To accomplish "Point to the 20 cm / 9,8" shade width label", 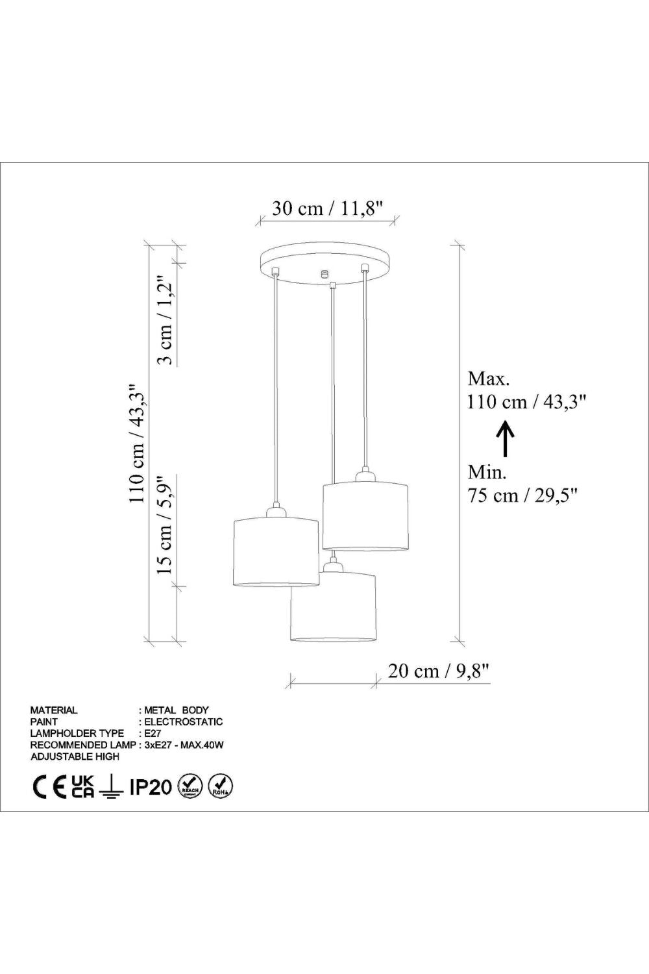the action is (439, 671).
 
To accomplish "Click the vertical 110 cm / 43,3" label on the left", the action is (136, 443).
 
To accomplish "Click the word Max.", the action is (488, 379).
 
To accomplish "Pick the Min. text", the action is (487, 472).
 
